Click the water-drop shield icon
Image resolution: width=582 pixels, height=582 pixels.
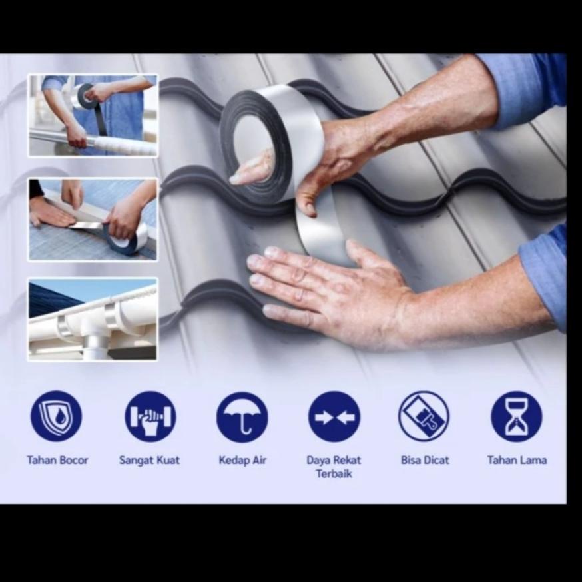(x=56, y=416)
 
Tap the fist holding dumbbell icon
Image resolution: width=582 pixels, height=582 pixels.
(x=150, y=416)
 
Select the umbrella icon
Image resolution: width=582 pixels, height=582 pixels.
(x=242, y=417)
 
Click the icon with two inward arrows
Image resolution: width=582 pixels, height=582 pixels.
(x=334, y=416)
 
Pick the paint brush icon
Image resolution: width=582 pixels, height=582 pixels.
(x=424, y=416)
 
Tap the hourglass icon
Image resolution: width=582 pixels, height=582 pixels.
(x=516, y=416)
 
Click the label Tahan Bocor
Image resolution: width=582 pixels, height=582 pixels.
(x=57, y=460)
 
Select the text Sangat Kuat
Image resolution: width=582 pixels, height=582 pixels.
(x=149, y=461)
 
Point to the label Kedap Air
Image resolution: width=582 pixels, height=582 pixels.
(x=242, y=461)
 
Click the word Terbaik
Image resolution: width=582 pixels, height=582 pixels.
(x=334, y=474)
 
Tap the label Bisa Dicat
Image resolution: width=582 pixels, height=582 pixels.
(x=425, y=460)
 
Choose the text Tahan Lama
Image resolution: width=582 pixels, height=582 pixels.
(x=517, y=460)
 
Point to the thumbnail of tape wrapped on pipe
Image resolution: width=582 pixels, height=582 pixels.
(x=93, y=115)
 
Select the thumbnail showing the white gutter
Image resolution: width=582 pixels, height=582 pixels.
(x=93, y=319)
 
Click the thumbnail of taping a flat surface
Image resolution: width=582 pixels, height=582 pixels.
(x=93, y=219)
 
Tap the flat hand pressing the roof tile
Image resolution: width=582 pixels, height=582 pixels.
(x=334, y=293)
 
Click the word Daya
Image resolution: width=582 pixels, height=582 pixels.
(x=318, y=461)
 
